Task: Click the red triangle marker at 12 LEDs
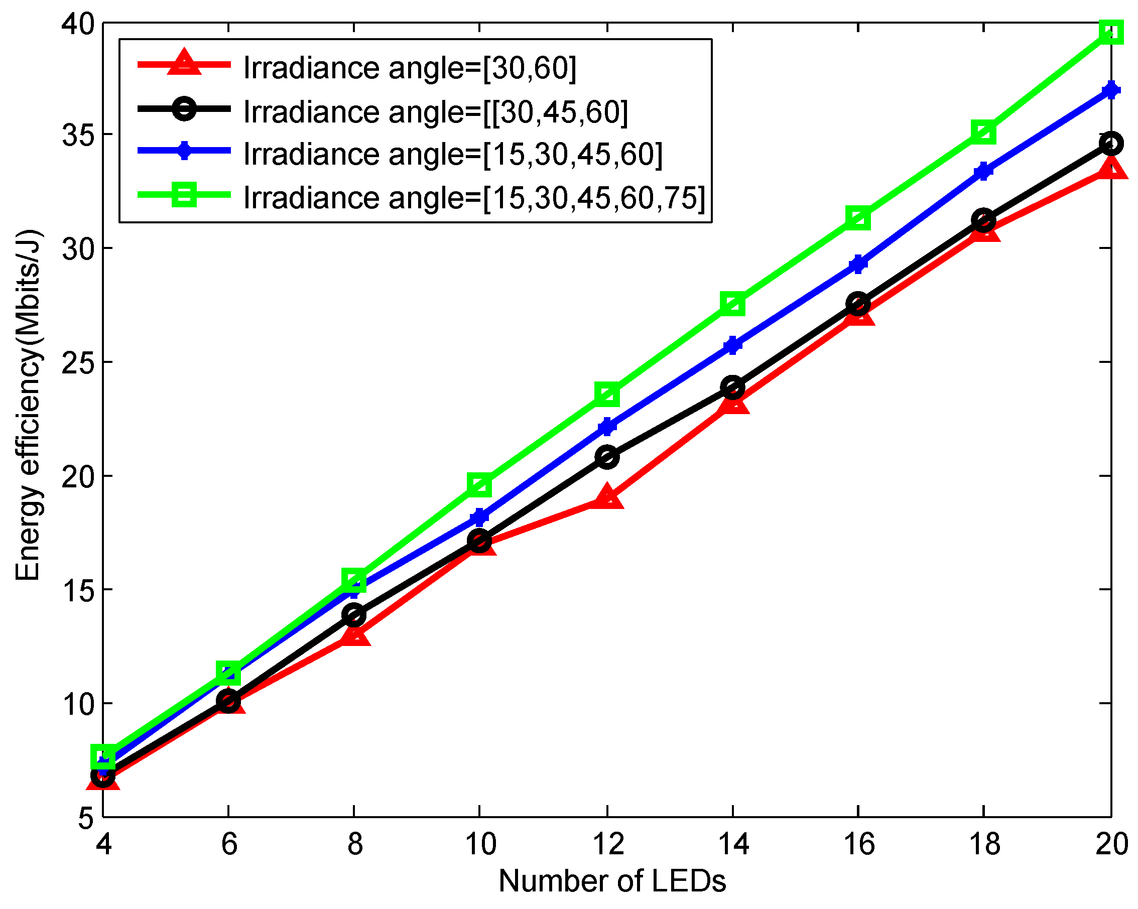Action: (607, 498)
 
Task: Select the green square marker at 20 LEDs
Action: (1110, 32)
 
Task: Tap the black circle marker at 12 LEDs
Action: (607, 457)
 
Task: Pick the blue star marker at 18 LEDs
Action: (983, 171)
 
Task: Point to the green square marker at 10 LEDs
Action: (479, 484)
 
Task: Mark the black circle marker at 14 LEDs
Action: (732, 388)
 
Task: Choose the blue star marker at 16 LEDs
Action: (858, 264)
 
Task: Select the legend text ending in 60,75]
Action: (474, 198)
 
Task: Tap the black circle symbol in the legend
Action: (184, 109)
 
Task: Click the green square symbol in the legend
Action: (184, 195)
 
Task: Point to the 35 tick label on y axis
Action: (78, 135)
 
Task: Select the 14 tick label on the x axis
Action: (734, 844)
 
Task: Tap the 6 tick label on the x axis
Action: (229, 844)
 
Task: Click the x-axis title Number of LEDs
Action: (612, 880)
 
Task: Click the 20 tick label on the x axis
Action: (1111, 844)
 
